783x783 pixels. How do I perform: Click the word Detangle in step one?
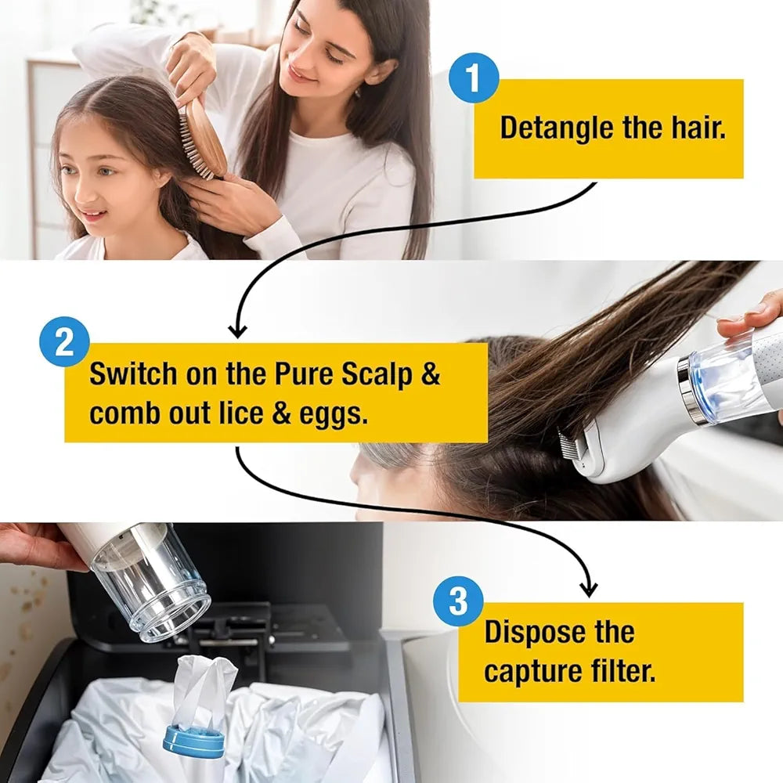[x=557, y=128]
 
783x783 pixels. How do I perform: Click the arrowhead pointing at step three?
[x=589, y=588]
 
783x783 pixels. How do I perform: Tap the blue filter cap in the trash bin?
[x=192, y=741]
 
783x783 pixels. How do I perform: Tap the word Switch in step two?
[x=132, y=374]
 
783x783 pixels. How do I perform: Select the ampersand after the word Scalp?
[x=431, y=374]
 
